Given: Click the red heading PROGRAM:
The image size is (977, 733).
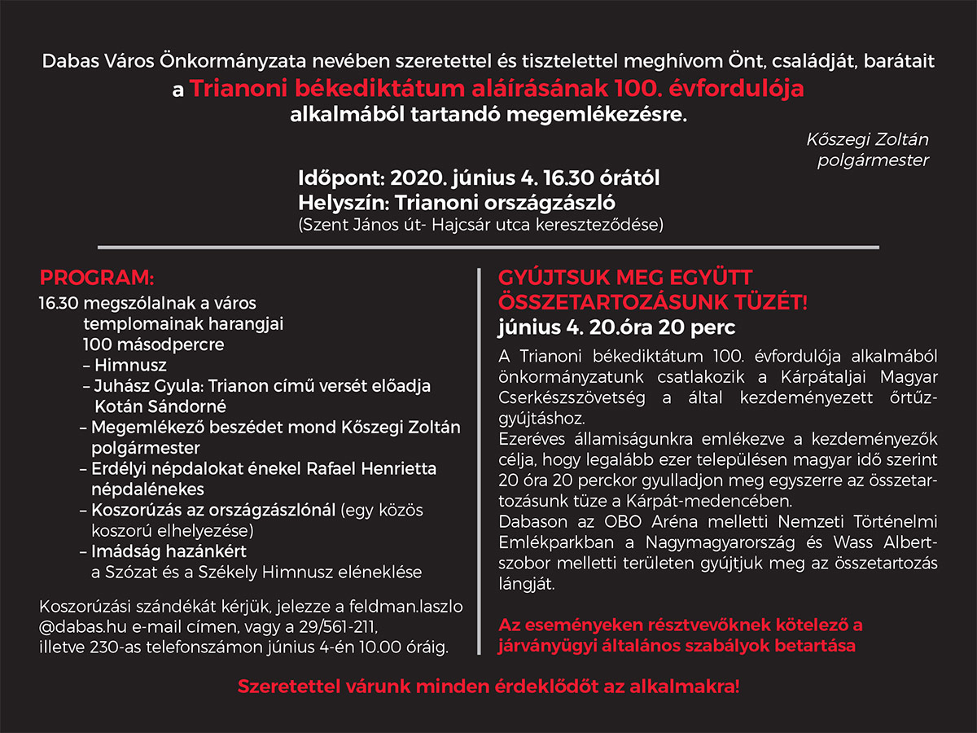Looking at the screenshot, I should click(96, 276).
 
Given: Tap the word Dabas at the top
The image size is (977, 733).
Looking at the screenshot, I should click(69, 60).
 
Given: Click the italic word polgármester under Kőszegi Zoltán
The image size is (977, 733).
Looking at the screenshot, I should click(873, 160).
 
